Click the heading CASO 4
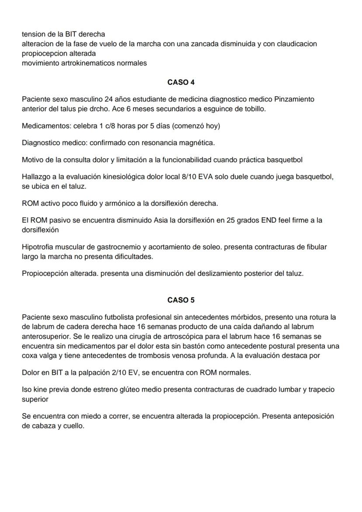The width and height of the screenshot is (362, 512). pyautogui.click(x=181, y=82)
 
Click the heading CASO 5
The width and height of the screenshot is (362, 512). pyautogui.click(x=181, y=300)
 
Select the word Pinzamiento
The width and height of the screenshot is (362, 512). pyautogui.click(x=294, y=99)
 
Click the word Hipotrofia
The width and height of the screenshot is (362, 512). pyautogui.click(x=38, y=247)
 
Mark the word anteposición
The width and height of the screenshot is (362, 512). pyautogui.click(x=313, y=416)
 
